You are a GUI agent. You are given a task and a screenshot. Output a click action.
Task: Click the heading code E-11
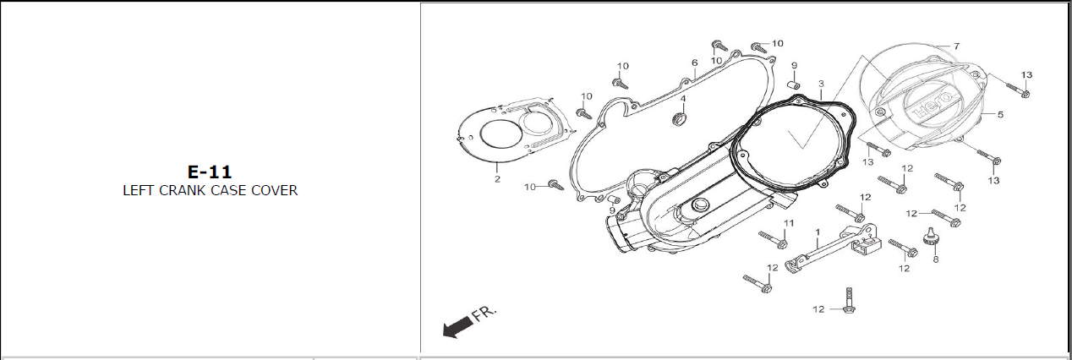(x=210, y=172)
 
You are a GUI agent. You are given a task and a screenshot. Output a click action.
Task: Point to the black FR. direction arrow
(x=457, y=327)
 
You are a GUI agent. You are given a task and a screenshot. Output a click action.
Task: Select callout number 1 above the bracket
(x=818, y=231)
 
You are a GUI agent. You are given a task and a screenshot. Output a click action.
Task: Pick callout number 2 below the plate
(x=497, y=179)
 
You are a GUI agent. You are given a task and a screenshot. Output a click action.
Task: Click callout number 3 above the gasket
(x=820, y=84)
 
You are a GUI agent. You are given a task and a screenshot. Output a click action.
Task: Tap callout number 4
(x=683, y=99)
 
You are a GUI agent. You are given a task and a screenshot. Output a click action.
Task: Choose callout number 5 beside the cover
(x=1000, y=115)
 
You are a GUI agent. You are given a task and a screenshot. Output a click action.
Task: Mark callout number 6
(x=694, y=63)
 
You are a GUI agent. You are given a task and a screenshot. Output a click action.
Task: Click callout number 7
(x=956, y=46)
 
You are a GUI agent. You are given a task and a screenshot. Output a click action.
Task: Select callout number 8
(x=935, y=260)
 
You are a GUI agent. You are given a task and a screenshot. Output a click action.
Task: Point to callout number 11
(x=789, y=223)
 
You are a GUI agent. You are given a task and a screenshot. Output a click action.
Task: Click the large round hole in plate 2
(x=495, y=137)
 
